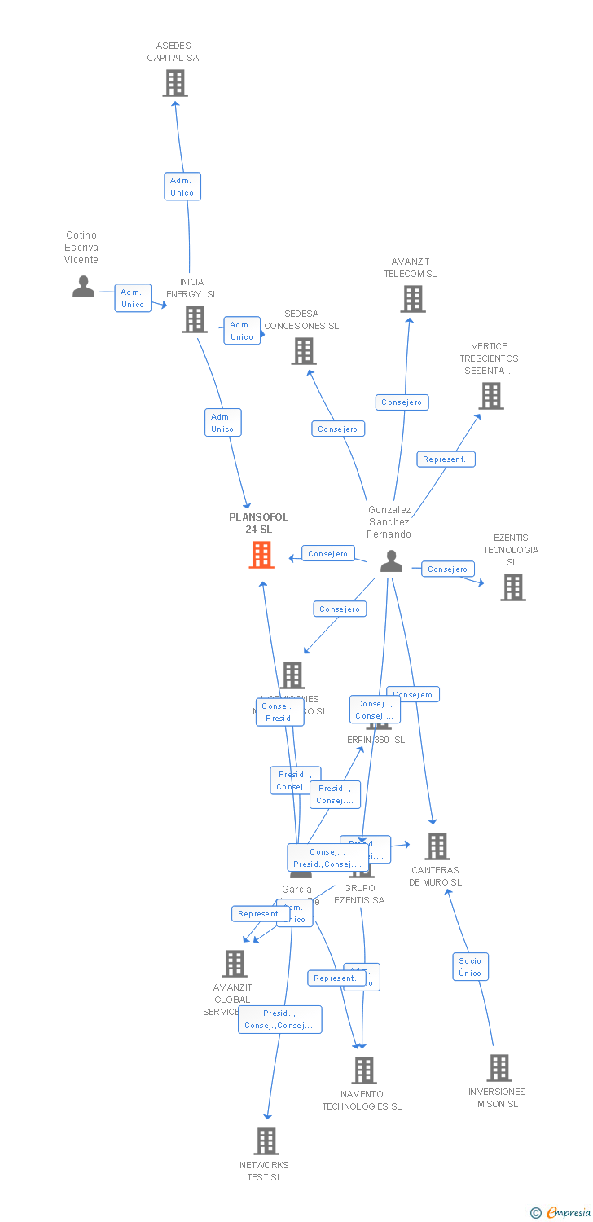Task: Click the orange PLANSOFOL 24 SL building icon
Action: [x=261, y=555]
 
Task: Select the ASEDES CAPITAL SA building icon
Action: [x=174, y=83]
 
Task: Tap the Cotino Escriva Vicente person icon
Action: [x=83, y=287]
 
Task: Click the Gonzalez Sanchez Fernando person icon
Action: [x=391, y=561]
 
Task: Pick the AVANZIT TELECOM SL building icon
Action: [x=412, y=299]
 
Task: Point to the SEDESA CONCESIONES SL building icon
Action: [x=303, y=351]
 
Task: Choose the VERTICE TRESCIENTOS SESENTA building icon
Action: [x=490, y=396]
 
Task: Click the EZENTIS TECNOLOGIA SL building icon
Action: [x=512, y=587]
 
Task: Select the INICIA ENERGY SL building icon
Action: [x=194, y=319]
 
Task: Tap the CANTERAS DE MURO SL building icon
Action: [x=437, y=846]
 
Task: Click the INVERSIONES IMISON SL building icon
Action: [x=499, y=1067]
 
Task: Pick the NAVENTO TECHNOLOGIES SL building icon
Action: [x=363, y=1070]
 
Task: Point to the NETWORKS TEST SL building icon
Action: [x=266, y=1141]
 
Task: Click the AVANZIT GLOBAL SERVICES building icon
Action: [x=235, y=964]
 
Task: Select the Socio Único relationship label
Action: [x=470, y=967]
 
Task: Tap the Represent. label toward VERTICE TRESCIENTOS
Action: [x=446, y=459]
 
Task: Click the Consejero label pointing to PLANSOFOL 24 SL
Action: [x=328, y=554]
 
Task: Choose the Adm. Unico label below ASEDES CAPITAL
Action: [x=182, y=187]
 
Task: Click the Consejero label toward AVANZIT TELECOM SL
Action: [x=402, y=402]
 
